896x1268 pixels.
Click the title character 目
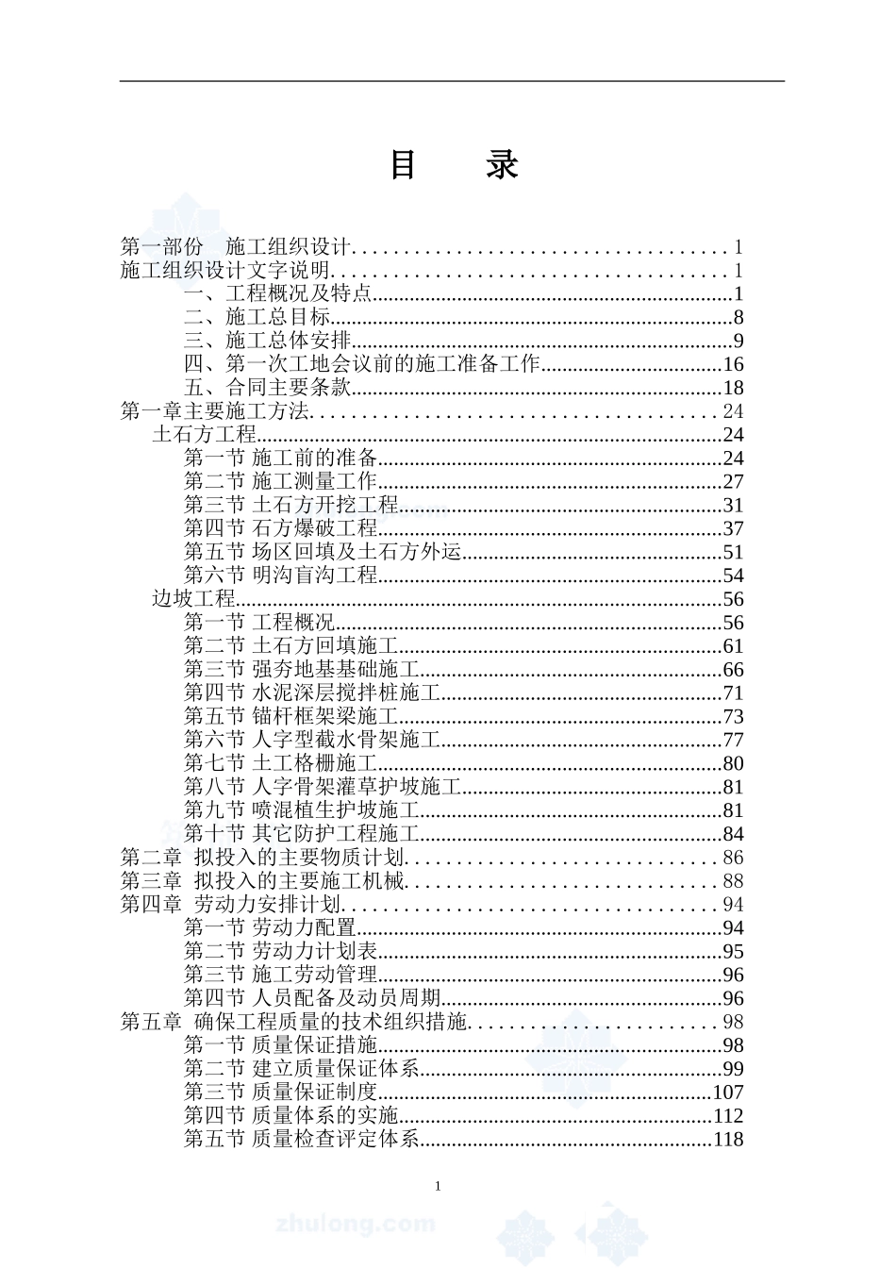coord(404,165)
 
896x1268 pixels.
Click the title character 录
coord(502,165)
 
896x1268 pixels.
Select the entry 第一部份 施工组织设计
coord(236,247)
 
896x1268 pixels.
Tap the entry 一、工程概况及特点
coord(278,293)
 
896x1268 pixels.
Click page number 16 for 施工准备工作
coord(733,364)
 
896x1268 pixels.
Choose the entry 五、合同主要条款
coord(268,388)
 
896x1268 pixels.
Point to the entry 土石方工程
coord(205,435)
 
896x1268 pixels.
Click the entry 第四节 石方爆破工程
coord(280,528)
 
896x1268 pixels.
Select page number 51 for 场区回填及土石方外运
coord(733,552)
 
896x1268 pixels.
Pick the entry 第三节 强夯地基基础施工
coord(301,670)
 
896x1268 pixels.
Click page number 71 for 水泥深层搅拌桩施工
coord(733,693)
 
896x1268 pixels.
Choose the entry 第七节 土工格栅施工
coord(280,763)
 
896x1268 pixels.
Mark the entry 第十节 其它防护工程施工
coord(301,834)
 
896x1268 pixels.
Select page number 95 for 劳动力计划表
coord(733,951)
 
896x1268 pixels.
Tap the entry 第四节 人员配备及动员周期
coord(311,998)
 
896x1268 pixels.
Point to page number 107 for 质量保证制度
coord(728,1093)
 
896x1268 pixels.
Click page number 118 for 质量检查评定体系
coord(728,1139)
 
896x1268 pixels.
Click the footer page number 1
coord(438,1186)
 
